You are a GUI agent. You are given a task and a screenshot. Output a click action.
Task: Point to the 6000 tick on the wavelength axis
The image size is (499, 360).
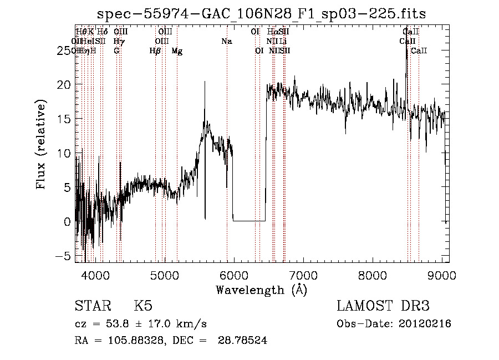click(233, 274)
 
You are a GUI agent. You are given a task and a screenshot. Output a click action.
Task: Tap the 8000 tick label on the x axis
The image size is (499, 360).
click(373, 274)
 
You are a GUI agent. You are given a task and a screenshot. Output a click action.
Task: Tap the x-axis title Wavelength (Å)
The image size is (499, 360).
click(261, 290)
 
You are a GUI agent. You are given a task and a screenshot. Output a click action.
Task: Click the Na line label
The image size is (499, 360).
click(226, 41)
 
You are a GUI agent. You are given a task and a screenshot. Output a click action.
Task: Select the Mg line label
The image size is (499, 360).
click(177, 50)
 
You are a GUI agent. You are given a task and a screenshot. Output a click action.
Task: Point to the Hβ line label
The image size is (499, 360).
click(155, 50)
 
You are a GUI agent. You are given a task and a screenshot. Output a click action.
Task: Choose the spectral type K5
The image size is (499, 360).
click(143, 306)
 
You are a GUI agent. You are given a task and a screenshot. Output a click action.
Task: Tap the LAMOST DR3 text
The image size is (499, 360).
click(383, 306)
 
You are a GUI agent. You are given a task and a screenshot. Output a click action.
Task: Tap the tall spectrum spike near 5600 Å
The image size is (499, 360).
click(205, 83)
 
